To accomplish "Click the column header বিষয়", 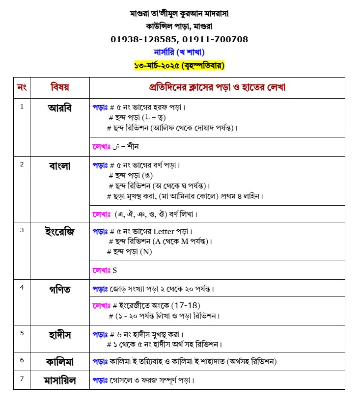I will (x=60, y=88).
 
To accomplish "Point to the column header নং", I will (x=22, y=88).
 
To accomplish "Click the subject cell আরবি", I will (x=60, y=108).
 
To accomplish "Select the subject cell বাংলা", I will (x=60, y=165).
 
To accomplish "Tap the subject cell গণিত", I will (x=60, y=289).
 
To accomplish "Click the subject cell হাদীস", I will (x=60, y=335).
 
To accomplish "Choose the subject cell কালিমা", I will (x=60, y=362).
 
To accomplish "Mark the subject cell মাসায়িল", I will (x=60, y=380).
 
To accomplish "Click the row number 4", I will (x=22, y=287).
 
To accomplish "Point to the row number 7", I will (x=22, y=378).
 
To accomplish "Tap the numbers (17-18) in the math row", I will (x=183, y=305).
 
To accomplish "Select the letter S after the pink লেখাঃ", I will (x=115, y=270).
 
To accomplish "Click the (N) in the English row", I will (x=146, y=252).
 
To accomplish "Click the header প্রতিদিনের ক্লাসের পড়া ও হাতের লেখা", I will (x=217, y=88).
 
